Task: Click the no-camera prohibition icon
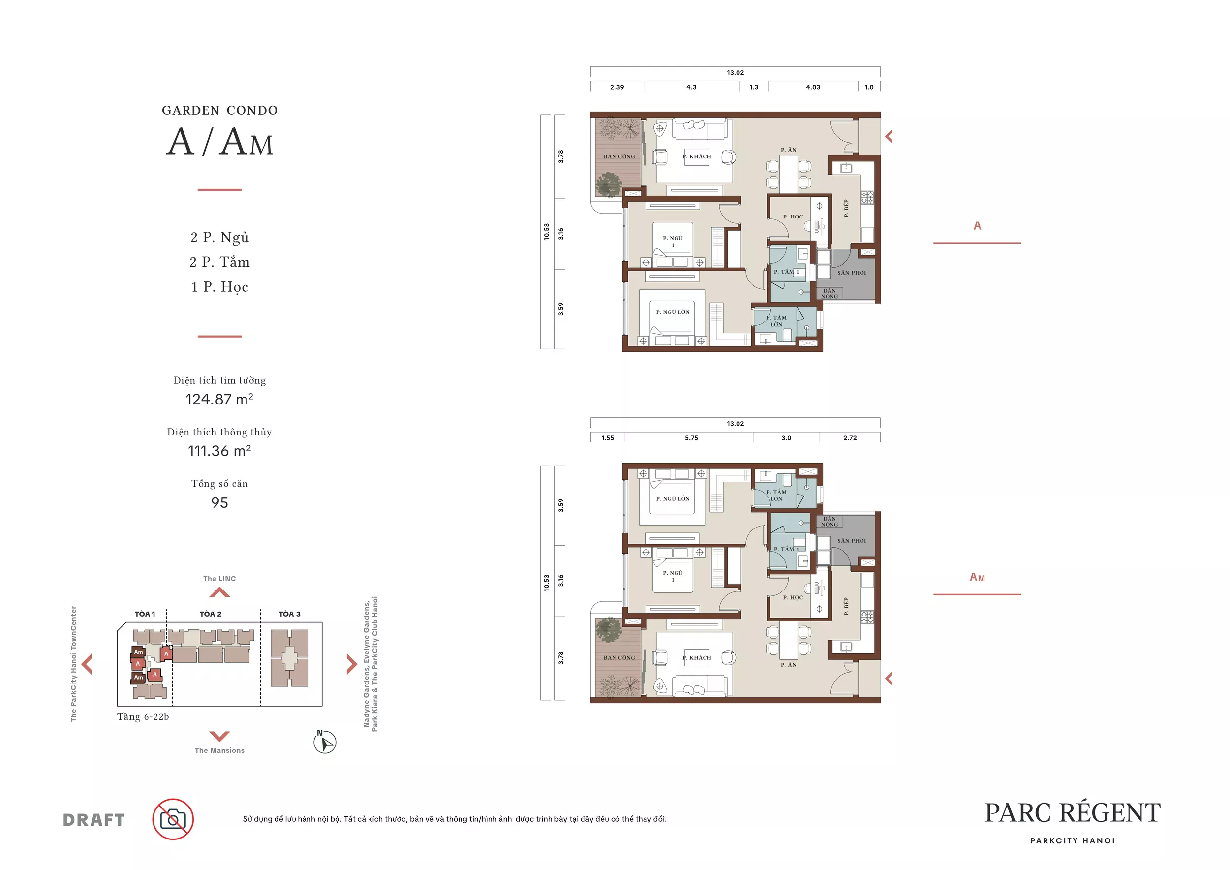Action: pos(173,819)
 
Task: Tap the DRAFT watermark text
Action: pos(94,820)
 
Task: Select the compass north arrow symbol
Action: pos(325,743)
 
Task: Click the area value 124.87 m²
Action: pos(219,399)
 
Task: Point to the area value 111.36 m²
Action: pos(219,451)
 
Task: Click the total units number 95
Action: pos(219,503)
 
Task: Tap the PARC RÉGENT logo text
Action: pos(1073,813)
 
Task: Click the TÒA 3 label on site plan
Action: pos(290,614)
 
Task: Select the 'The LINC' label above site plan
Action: pos(219,579)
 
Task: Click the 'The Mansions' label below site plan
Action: pos(219,750)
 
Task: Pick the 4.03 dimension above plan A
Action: pos(813,87)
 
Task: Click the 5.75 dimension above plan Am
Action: pos(692,437)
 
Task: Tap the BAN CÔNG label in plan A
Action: pos(619,157)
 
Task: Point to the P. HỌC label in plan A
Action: pos(793,217)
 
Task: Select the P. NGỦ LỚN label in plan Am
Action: pos(673,499)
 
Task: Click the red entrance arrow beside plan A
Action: pos(889,137)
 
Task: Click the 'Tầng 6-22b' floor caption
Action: pos(143,717)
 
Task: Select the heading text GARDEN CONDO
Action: pos(219,110)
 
